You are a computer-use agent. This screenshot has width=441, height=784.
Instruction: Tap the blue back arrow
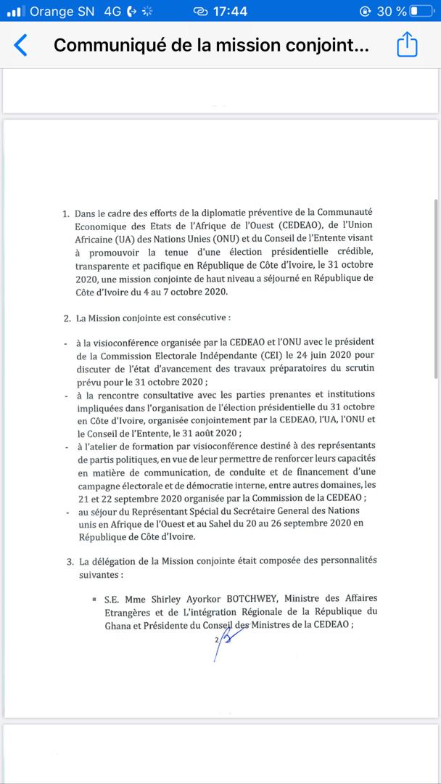(21, 45)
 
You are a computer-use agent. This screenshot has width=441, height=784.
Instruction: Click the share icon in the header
(407, 45)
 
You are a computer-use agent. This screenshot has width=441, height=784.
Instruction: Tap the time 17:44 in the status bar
(231, 12)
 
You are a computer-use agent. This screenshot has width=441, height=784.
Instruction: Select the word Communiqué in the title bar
(106, 45)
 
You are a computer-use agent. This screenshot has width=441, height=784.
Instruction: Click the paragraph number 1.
(66, 214)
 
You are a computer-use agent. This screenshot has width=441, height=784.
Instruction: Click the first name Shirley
(157, 598)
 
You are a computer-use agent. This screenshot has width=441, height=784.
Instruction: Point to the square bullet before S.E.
(95, 599)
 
